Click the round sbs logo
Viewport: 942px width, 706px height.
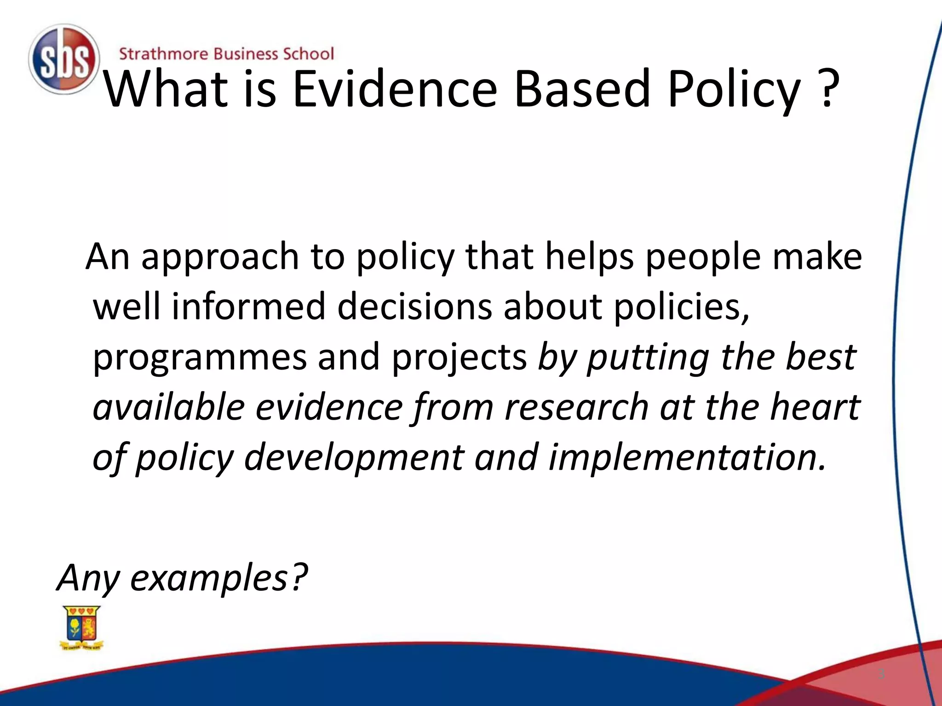coord(63,59)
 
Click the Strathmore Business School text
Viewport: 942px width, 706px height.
coord(226,54)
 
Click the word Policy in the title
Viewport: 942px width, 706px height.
coord(734,90)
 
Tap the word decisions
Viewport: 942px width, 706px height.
coord(414,307)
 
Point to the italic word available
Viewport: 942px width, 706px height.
coord(168,407)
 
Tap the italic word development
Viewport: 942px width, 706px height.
coord(353,458)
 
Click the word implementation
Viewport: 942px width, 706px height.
coord(686,458)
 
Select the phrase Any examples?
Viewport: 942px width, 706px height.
coord(182,578)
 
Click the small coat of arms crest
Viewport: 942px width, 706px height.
coord(82,627)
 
